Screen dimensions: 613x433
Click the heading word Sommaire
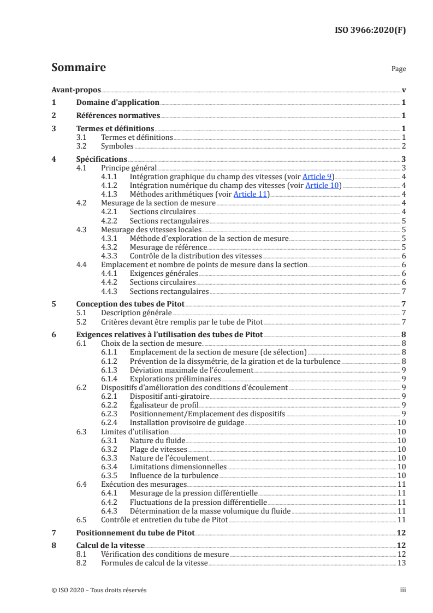coord(79,68)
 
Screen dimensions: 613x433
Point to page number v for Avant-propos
coord(403,90)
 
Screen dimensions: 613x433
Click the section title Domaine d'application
coord(117,102)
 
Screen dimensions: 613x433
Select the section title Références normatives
coord(117,115)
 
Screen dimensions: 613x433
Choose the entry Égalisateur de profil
coord(164,405)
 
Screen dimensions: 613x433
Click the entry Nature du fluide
coord(158,440)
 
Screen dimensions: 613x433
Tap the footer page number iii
coord(402,590)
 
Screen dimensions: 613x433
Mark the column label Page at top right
coord(399,69)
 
